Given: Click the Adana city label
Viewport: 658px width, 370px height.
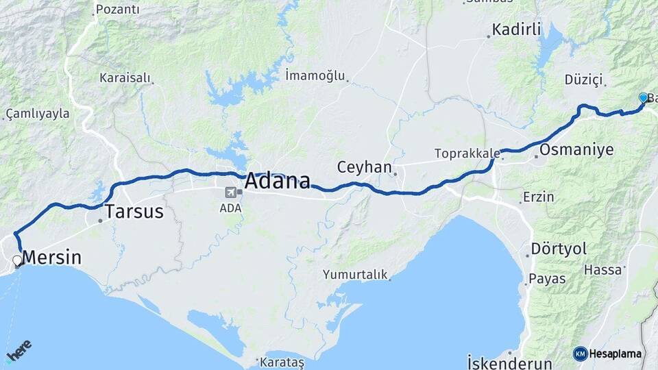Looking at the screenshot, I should point(277,181).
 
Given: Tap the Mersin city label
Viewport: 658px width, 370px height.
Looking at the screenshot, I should point(52,258).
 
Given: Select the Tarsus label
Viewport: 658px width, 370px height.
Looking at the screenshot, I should point(134,211).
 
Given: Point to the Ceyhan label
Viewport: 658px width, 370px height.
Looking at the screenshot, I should point(364,167).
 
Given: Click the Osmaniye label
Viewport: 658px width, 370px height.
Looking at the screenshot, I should point(576,149).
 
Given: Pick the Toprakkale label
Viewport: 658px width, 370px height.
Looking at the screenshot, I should point(465,153).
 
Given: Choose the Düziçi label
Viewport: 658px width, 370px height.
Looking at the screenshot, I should point(583,80).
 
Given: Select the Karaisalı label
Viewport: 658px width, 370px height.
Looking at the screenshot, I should point(125,77).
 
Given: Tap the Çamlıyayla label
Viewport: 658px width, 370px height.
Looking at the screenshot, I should point(38,113).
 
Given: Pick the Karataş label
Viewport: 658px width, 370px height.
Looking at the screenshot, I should point(280,361).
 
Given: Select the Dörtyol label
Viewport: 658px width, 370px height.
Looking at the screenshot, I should point(559,249).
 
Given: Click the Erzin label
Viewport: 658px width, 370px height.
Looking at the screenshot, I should point(538,197).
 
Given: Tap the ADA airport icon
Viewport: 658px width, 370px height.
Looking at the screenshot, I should point(230,192).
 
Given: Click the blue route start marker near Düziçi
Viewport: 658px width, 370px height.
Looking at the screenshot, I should point(643,98).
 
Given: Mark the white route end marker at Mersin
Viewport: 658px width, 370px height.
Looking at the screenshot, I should point(17,260).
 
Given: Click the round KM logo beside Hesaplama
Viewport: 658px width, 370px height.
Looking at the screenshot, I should point(580,354).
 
